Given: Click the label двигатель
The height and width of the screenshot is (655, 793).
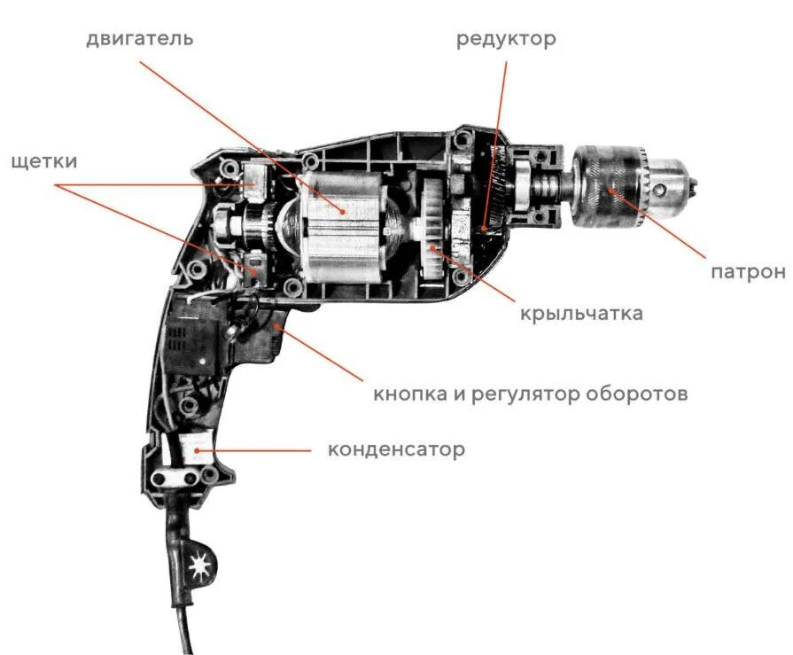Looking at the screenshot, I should point(139,40).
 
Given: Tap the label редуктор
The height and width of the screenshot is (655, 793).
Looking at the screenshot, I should point(506,40).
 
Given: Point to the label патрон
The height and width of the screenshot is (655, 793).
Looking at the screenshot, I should point(748,271).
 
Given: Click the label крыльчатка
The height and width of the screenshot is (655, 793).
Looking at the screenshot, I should point(581,314).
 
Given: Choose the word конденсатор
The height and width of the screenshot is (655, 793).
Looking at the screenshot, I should point(396,449).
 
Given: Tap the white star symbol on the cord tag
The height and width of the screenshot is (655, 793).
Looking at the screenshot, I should point(201,564).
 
